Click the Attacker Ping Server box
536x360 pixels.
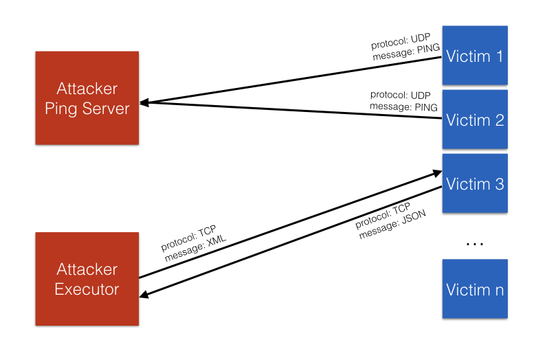click(87, 98)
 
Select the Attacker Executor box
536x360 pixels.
click(87, 278)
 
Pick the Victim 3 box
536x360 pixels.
click(475, 183)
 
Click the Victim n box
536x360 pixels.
click(475, 289)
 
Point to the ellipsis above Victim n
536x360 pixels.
click(475, 243)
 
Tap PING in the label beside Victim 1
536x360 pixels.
click(426, 48)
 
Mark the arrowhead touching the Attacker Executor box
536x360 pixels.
click(144, 295)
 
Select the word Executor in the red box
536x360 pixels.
click(87, 289)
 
